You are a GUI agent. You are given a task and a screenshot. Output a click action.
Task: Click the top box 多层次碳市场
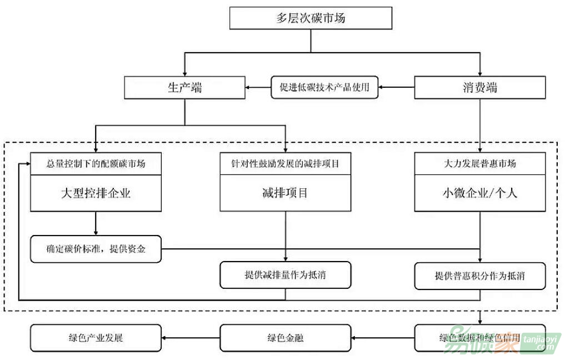pos(311,18)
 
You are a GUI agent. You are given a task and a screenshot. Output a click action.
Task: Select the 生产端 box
pos(184,87)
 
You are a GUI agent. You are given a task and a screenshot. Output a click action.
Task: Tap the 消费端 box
pos(479,87)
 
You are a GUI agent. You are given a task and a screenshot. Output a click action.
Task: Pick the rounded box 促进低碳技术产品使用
pos(324,87)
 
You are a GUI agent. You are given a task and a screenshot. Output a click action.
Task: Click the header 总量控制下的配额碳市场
pos(96,163)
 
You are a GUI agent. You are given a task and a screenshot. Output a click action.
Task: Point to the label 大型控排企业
pos(96,193)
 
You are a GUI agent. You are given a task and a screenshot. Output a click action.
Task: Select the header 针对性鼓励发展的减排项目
pos(286,163)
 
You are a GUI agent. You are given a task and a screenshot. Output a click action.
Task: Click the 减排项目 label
pos(286,193)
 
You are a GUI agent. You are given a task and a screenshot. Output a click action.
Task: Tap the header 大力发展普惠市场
pos(480,163)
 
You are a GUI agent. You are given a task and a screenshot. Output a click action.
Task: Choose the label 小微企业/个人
pos(480,193)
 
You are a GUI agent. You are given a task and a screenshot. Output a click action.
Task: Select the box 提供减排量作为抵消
pos(286,275)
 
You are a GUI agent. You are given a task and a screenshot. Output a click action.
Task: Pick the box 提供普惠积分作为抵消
pos(480,275)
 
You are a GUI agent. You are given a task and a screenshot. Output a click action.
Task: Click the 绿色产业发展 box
pos(96,338)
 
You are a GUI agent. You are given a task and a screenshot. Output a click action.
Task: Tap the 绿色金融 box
pos(286,338)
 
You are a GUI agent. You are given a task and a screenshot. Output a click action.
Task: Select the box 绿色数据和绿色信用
pos(480,338)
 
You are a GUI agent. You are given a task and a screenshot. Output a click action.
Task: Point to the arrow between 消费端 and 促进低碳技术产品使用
pos(397,87)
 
